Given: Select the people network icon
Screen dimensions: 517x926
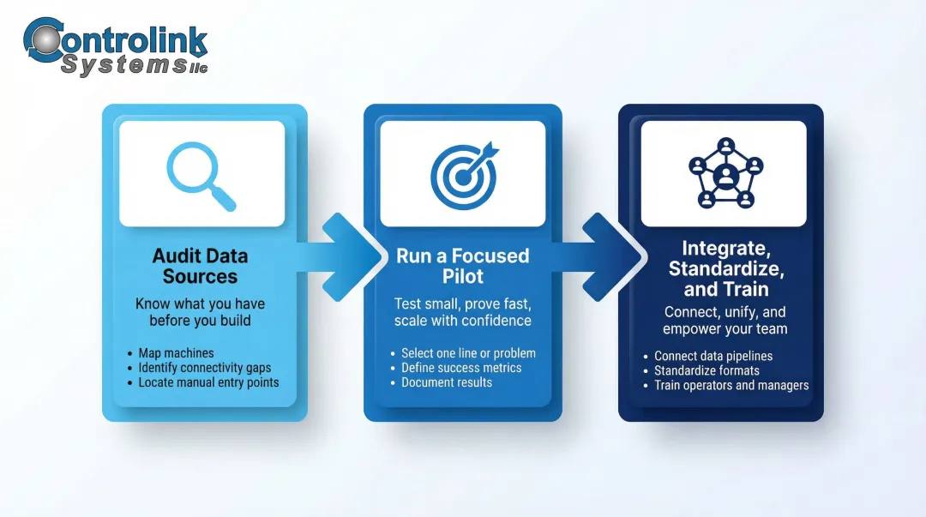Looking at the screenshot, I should [x=725, y=173].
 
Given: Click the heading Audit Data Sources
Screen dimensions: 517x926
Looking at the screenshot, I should [x=200, y=266].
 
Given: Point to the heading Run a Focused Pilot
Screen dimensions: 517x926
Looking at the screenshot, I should [x=463, y=266].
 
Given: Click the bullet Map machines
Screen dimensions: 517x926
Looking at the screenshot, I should [x=176, y=353].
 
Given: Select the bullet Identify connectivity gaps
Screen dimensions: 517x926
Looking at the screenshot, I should [x=205, y=368].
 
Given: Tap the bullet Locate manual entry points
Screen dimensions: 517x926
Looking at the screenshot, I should [x=208, y=382].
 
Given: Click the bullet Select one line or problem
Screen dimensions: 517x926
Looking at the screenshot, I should [x=468, y=353].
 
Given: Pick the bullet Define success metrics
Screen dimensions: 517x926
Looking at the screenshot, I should [x=461, y=368].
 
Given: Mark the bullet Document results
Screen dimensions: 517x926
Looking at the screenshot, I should [x=447, y=382].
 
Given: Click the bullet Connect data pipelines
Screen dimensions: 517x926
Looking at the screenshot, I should [x=713, y=356].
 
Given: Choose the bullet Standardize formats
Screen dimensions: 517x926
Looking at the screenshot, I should [x=707, y=370].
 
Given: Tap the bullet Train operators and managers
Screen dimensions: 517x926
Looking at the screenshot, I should [x=731, y=385].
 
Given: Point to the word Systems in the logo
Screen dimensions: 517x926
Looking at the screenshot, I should [x=123, y=64].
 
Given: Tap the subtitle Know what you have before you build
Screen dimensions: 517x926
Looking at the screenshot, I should [x=200, y=312].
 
